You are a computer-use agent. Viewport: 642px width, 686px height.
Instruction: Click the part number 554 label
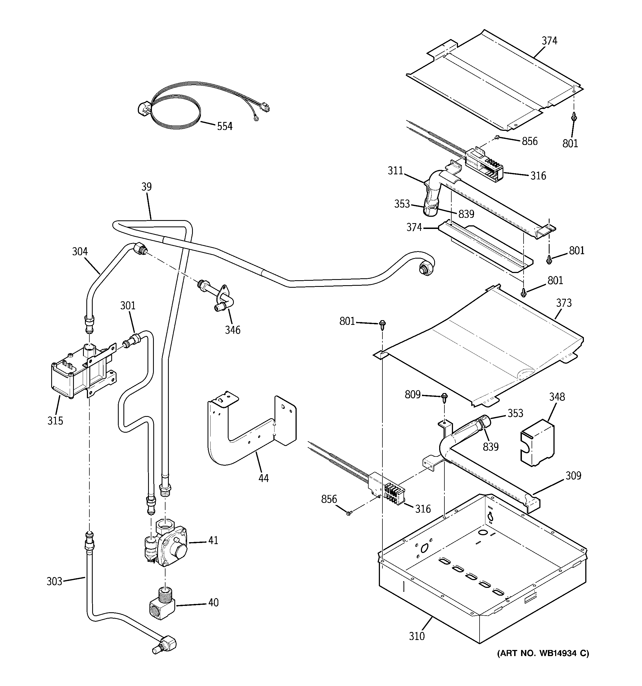[225, 127]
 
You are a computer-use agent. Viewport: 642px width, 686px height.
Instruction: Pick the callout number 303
[55, 582]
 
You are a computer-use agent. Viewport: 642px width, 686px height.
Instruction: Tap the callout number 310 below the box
[417, 636]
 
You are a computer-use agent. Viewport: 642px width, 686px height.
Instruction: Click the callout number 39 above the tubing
[146, 187]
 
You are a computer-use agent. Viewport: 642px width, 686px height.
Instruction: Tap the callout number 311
[395, 171]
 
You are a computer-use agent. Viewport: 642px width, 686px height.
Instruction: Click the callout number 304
[80, 252]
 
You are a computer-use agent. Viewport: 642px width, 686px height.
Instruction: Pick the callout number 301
[128, 305]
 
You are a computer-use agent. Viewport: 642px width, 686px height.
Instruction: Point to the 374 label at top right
[549, 41]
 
